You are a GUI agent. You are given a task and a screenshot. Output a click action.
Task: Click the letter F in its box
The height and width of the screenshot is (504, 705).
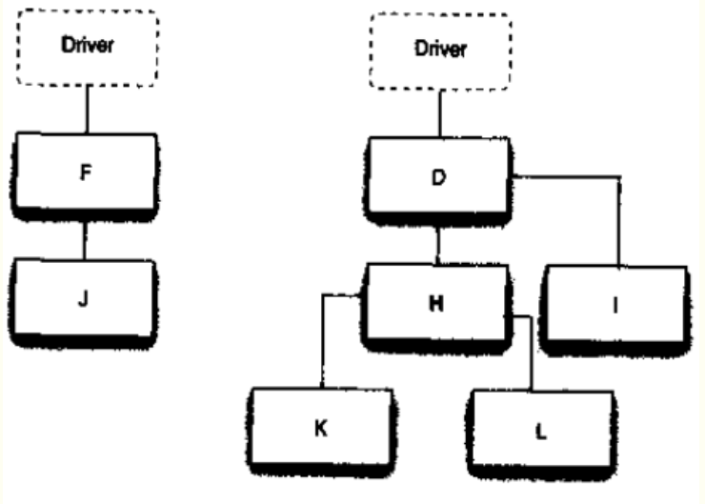pyautogui.click(x=86, y=172)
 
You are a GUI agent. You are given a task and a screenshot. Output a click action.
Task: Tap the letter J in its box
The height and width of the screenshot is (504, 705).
pyautogui.click(x=83, y=298)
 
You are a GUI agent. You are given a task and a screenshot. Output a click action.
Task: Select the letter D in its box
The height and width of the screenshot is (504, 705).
pyautogui.click(x=439, y=177)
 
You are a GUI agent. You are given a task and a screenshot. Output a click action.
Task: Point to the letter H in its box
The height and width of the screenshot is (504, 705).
pyautogui.click(x=436, y=304)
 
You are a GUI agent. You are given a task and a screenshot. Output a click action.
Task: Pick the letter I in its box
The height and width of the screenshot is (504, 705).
pyautogui.click(x=615, y=306)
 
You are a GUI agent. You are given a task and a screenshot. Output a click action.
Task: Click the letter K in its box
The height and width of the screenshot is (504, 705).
pyautogui.click(x=320, y=428)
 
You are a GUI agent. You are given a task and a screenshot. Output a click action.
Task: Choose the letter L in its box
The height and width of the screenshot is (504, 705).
pyautogui.click(x=541, y=432)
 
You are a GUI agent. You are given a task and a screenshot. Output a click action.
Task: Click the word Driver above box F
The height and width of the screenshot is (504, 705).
pyautogui.click(x=88, y=45)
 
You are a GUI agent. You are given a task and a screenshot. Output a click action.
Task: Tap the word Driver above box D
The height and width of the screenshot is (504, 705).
pyautogui.click(x=440, y=49)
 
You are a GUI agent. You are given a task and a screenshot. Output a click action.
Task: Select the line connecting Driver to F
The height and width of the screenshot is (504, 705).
pyautogui.click(x=88, y=110)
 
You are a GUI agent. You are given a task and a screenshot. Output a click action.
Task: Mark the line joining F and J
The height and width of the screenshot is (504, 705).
pyautogui.click(x=85, y=240)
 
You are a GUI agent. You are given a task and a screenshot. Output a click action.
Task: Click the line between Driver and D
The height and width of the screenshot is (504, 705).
pyautogui.click(x=440, y=113)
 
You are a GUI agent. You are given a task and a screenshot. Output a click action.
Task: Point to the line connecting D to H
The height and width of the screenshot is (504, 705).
pyautogui.click(x=437, y=246)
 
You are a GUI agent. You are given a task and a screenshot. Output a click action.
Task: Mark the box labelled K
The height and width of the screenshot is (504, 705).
pyautogui.click(x=321, y=390)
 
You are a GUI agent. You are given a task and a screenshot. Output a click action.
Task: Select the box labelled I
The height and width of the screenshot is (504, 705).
pyautogui.click(x=615, y=268)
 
